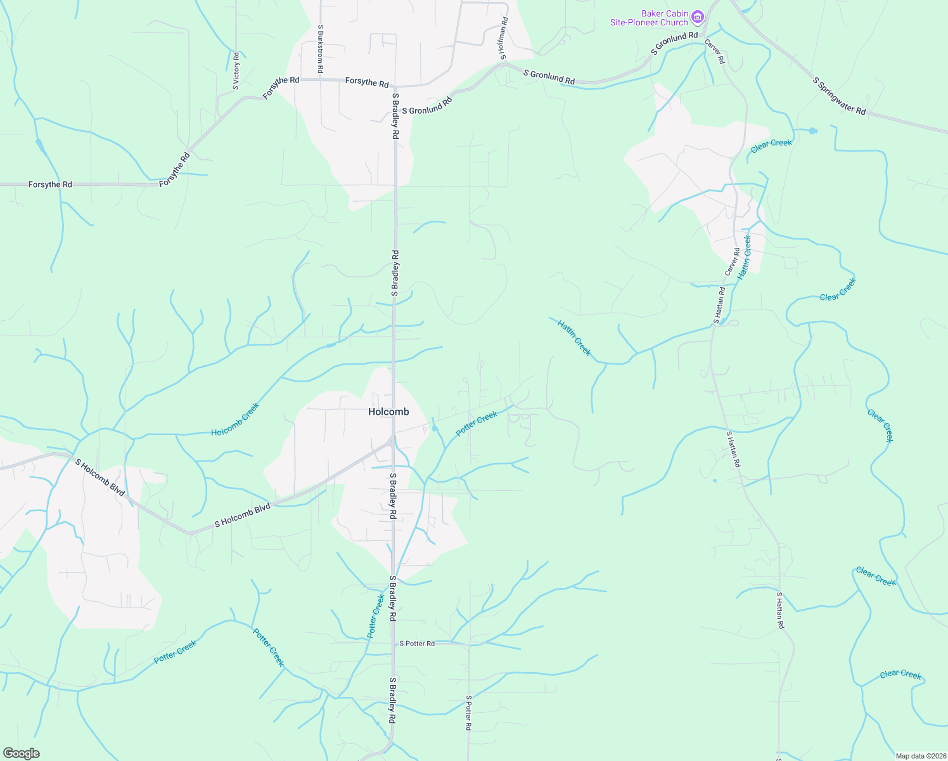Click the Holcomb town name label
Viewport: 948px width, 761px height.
(x=388, y=412)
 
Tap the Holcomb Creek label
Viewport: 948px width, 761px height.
(x=235, y=419)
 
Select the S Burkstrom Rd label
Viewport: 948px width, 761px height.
(x=321, y=48)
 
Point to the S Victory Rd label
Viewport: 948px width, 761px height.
(x=236, y=70)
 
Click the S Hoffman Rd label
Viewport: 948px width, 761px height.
(x=503, y=39)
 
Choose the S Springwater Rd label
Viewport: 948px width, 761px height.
(x=839, y=96)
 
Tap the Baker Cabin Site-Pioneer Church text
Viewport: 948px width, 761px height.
(x=649, y=18)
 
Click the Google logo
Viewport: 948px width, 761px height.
(x=21, y=753)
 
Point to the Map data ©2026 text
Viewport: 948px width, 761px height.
(x=919, y=756)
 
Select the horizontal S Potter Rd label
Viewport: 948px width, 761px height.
(x=417, y=644)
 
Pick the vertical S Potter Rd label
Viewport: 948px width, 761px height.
(x=468, y=713)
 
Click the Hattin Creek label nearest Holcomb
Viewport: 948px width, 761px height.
(x=574, y=338)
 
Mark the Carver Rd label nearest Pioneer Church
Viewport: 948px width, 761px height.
(x=715, y=51)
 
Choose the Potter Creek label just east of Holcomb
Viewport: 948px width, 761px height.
(x=477, y=424)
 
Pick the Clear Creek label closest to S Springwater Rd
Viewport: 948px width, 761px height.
(x=771, y=146)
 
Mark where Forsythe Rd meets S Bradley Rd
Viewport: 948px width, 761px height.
(x=394, y=86)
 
